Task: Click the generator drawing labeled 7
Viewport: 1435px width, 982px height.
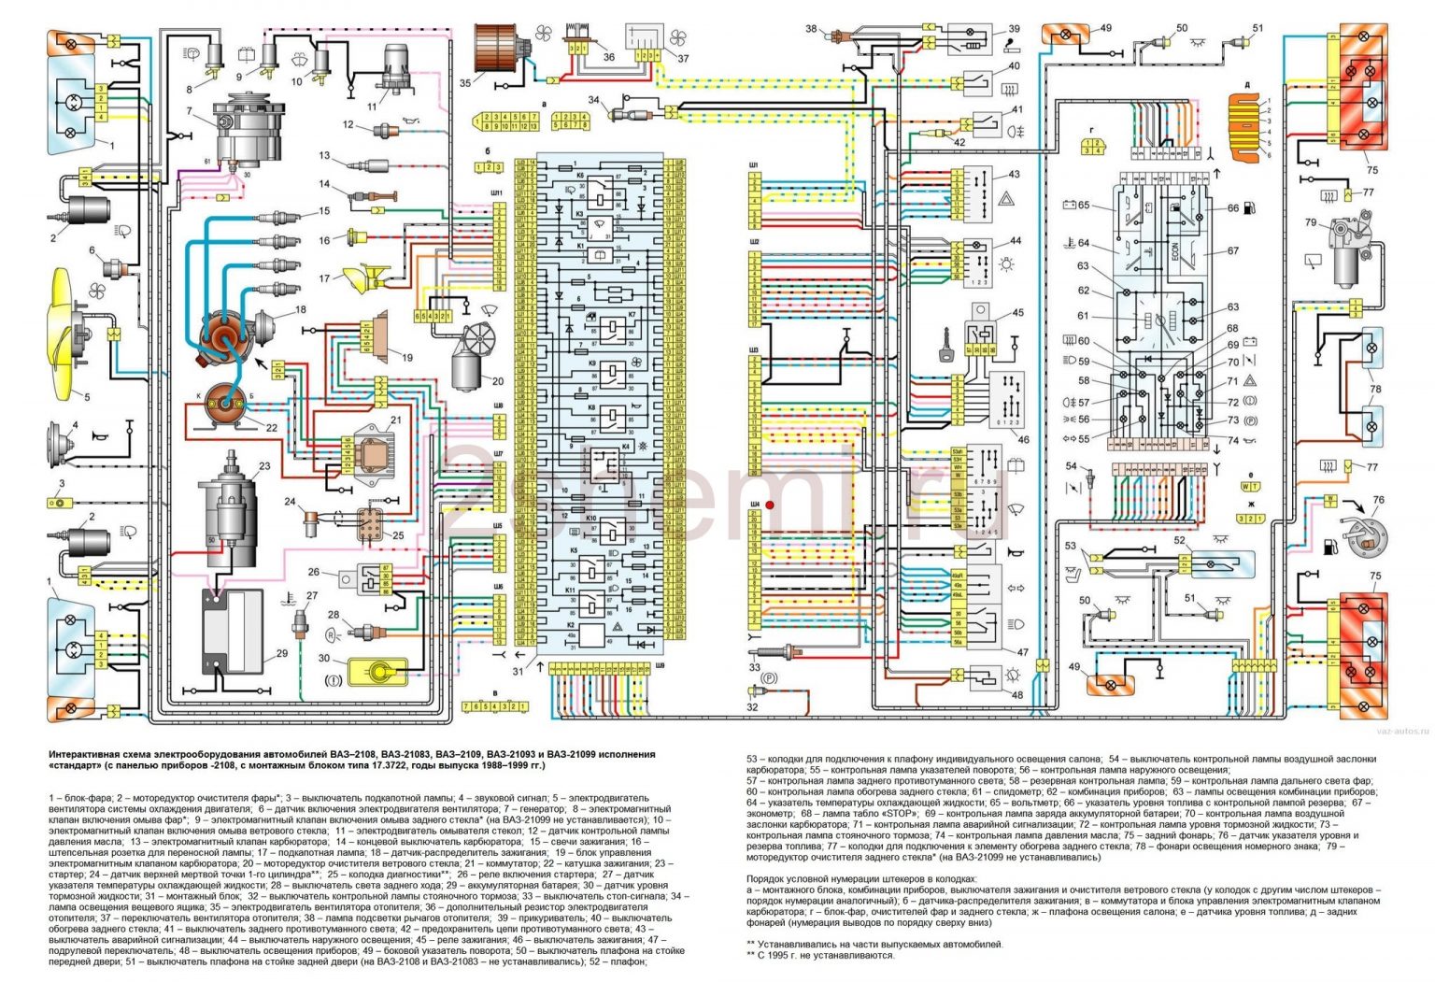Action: [x=247, y=130]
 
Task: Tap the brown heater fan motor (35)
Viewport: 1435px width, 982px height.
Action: [x=502, y=58]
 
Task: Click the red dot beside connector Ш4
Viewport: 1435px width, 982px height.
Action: [x=770, y=505]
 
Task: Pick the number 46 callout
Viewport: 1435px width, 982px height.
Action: [x=1023, y=439]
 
